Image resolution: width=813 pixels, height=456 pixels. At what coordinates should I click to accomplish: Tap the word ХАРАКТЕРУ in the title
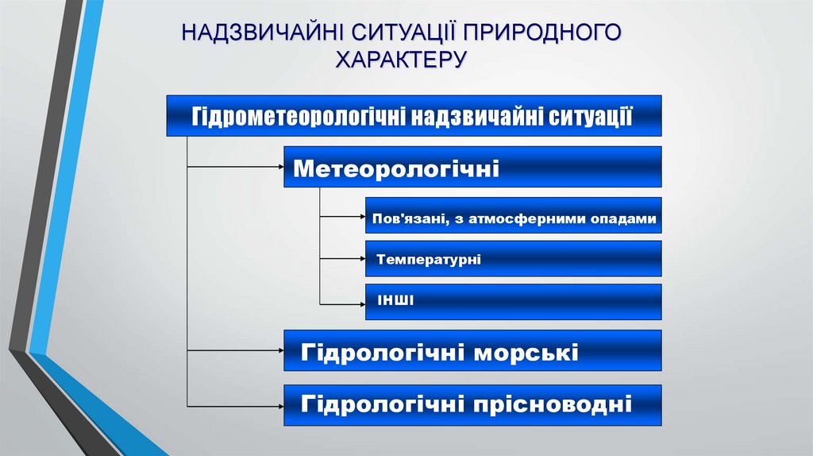click(x=401, y=60)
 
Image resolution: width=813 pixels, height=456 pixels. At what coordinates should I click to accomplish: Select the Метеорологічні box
click(x=472, y=167)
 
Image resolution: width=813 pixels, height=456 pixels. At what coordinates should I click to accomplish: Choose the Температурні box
click(x=513, y=259)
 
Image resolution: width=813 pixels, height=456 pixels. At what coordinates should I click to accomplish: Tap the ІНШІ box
click(x=513, y=301)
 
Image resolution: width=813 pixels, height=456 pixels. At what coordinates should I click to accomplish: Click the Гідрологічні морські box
click(x=472, y=351)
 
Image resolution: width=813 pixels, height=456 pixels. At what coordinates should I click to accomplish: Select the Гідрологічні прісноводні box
click(x=472, y=404)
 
